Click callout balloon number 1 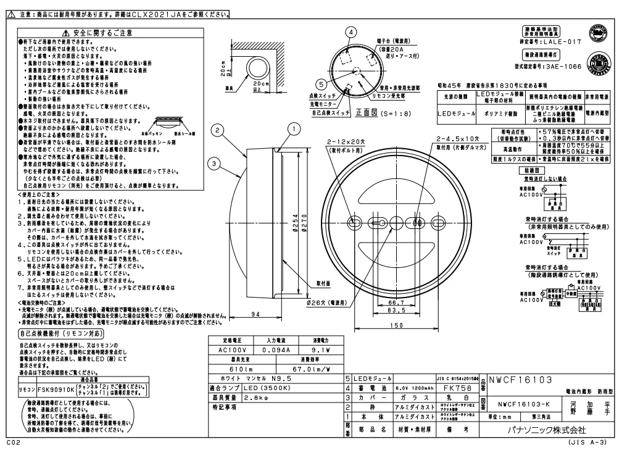pyautogui.click(x=296, y=128)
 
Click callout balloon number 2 pyautogui.click(x=217, y=130)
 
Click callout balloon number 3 pyautogui.click(x=214, y=163)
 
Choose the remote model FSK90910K pyautogui.click(x=61, y=390)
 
